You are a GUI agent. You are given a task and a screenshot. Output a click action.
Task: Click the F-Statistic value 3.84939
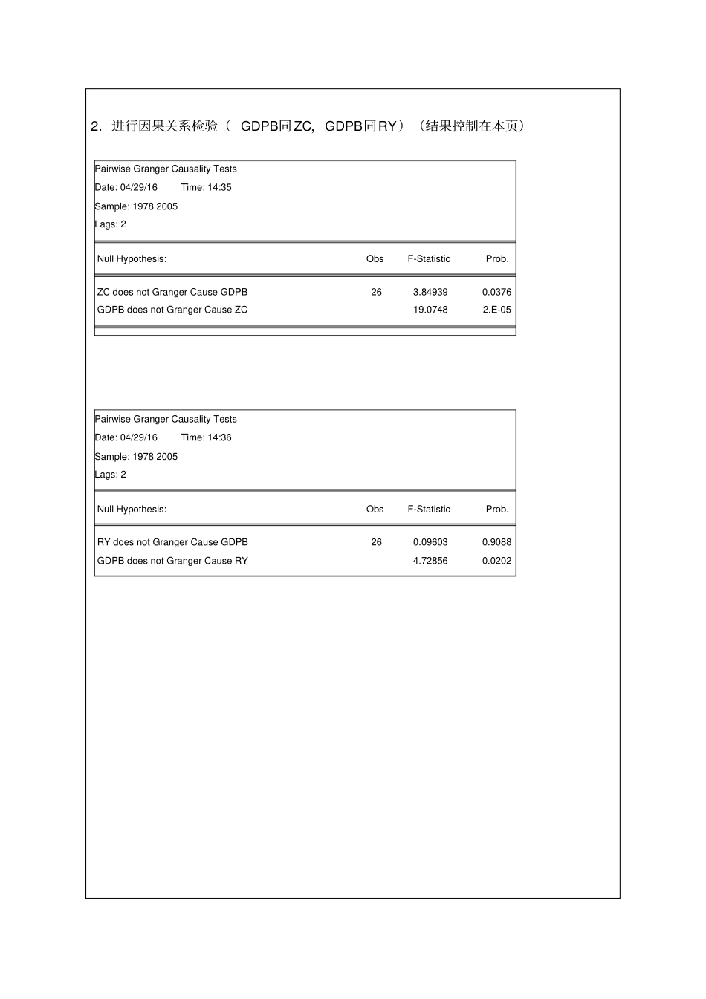point(430,292)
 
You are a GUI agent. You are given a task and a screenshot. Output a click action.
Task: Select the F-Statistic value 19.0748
point(430,310)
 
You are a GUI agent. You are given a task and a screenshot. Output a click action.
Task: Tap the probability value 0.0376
point(496,292)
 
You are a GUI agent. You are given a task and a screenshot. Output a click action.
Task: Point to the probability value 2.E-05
point(496,310)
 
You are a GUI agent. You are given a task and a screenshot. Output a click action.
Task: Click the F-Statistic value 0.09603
point(430,542)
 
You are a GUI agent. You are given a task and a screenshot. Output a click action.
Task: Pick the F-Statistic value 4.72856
point(430,561)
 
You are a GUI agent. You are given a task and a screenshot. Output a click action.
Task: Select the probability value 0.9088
point(496,542)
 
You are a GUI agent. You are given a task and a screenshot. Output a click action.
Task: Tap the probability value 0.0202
point(496,561)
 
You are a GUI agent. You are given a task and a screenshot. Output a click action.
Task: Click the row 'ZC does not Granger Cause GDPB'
point(172,292)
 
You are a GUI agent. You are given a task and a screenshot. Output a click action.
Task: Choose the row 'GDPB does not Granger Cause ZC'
point(172,310)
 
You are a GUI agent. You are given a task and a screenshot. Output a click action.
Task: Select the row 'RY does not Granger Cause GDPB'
point(172,542)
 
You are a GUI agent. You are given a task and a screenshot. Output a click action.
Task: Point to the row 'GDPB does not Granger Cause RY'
point(172,561)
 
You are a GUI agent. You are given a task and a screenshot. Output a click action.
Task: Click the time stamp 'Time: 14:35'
point(206,187)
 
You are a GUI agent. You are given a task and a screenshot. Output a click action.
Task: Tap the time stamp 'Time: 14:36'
point(206,437)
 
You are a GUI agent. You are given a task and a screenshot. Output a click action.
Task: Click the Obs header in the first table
point(375,259)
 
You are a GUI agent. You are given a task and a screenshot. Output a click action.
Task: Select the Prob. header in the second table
point(497,510)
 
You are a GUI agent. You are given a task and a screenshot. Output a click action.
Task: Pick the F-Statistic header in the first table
point(429,259)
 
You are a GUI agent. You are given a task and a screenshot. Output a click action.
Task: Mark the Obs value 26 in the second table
point(376,542)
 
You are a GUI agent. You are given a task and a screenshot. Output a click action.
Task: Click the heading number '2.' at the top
point(96,126)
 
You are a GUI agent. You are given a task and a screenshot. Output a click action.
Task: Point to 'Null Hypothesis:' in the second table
point(132,510)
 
